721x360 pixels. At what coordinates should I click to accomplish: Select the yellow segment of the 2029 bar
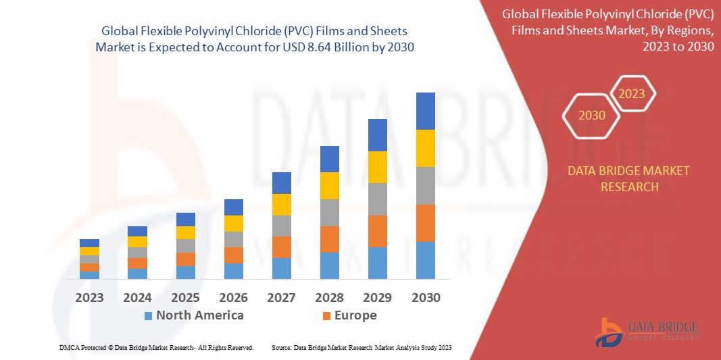(377, 167)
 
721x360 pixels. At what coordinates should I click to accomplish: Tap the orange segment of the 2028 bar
(329, 239)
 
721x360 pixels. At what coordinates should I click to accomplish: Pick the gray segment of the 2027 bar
(281, 226)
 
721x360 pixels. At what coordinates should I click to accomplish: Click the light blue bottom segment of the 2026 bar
(233, 271)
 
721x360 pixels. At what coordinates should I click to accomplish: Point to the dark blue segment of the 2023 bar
(89, 243)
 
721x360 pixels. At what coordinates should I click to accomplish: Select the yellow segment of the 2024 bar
(137, 242)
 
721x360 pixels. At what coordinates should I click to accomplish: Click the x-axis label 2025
(185, 297)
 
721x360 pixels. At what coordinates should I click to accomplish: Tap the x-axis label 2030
(425, 297)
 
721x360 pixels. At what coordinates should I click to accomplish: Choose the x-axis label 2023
(89, 297)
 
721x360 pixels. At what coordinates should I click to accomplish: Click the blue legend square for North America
(148, 315)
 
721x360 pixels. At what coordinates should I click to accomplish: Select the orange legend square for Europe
(326, 315)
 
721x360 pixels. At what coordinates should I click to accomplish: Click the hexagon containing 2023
(632, 94)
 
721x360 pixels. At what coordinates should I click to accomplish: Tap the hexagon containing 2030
(592, 115)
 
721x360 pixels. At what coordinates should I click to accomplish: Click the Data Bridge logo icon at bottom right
(608, 332)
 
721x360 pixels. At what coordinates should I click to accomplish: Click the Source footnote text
(361, 347)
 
